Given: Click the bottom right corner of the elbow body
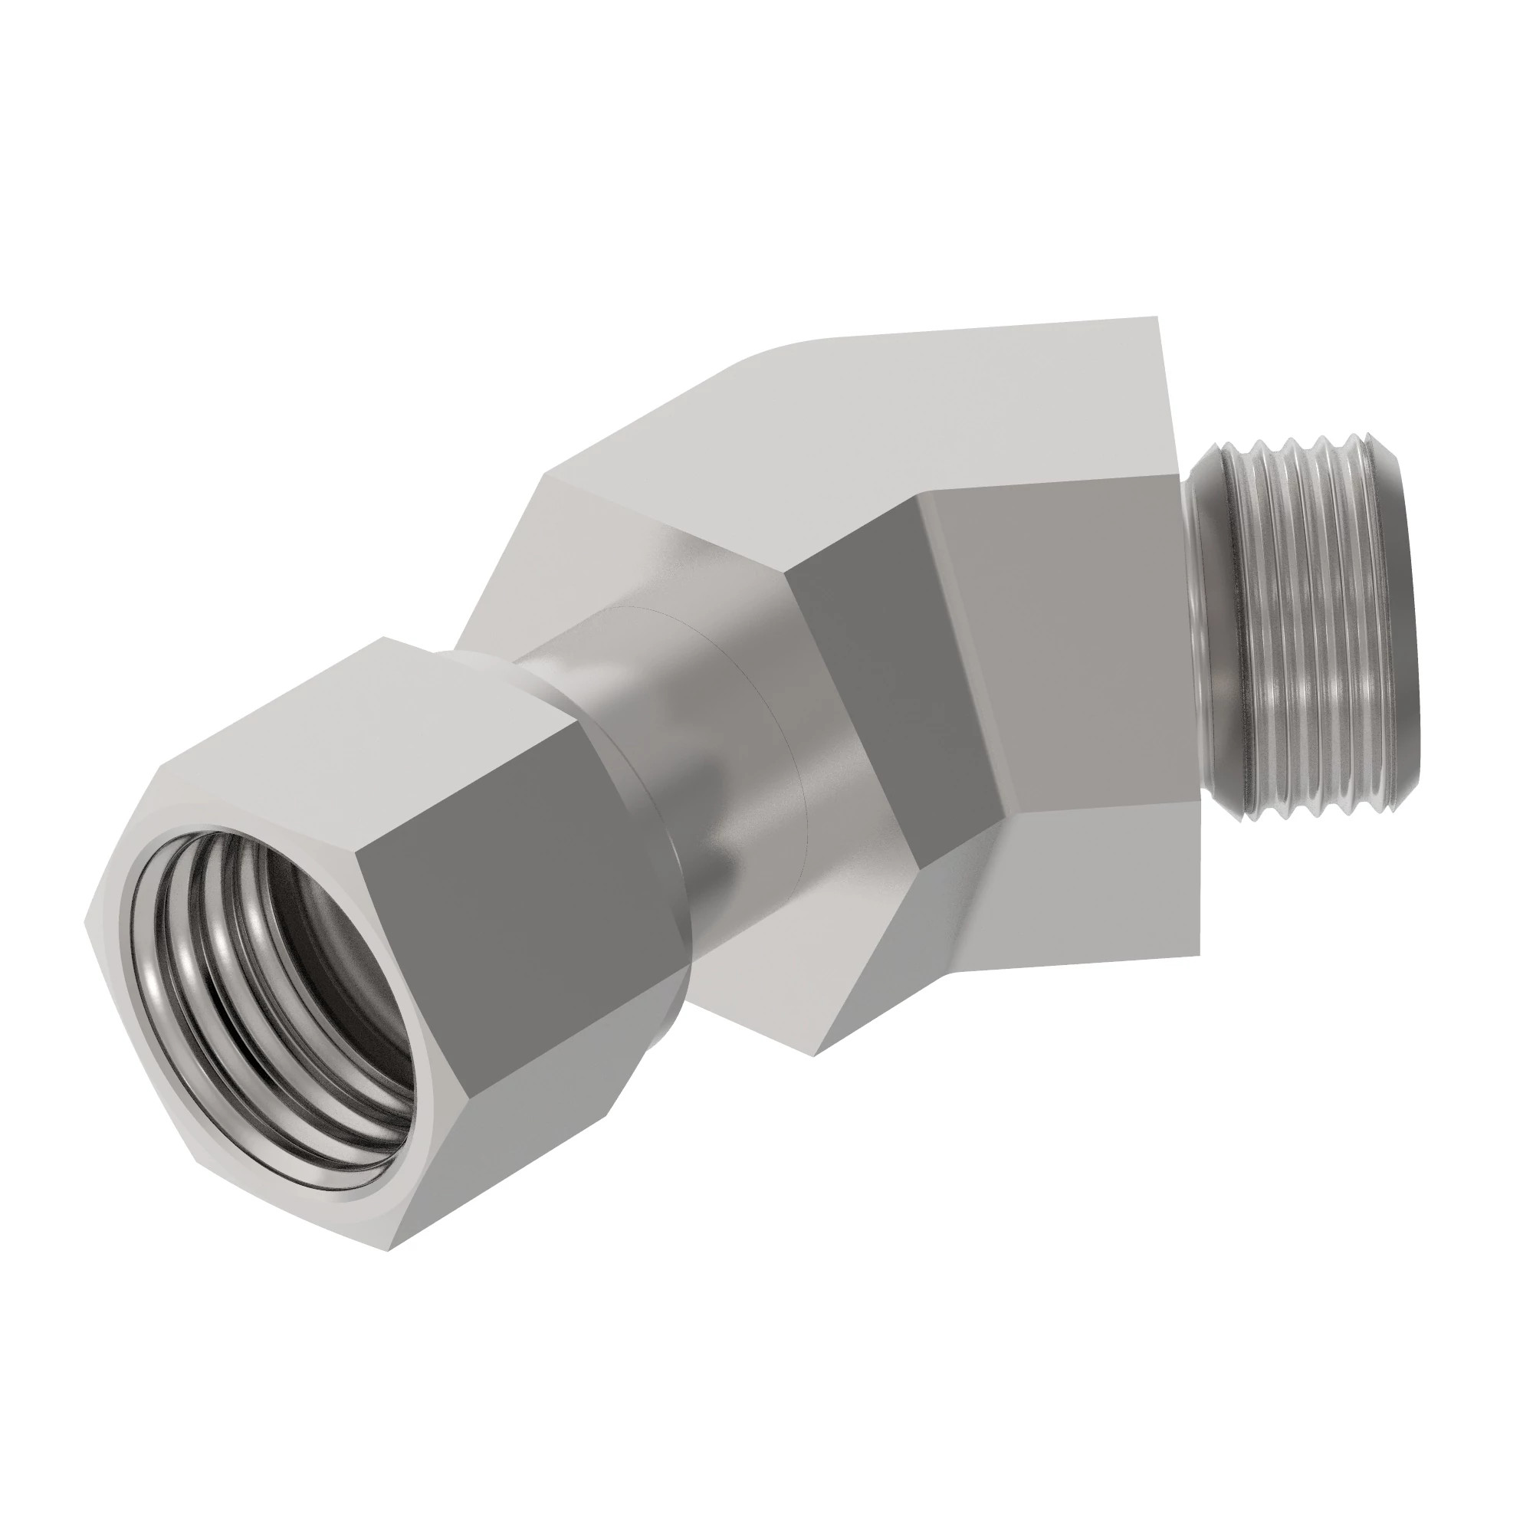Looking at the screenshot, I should (x=1198, y=952).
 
